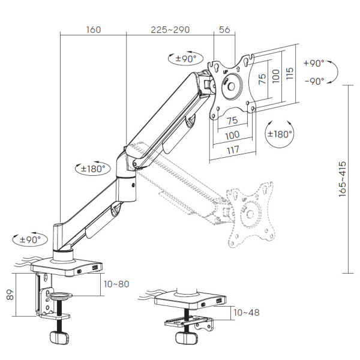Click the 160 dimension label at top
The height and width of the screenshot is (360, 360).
(94, 30)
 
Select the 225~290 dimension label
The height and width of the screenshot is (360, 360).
(170, 30)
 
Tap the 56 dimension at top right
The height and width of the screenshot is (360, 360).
(224, 29)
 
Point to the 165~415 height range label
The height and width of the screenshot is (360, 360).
(343, 179)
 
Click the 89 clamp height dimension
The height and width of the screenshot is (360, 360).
(10, 295)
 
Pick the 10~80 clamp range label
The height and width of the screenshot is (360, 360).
(116, 284)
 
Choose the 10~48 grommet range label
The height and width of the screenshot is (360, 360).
(247, 313)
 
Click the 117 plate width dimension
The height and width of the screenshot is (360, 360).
(233, 151)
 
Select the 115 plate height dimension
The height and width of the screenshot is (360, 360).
(290, 73)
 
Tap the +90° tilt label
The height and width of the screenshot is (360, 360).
(314, 63)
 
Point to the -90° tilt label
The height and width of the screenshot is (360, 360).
(314, 81)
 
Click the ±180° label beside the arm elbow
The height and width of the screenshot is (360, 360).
(93, 169)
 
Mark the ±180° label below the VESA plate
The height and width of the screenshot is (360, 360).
(280, 134)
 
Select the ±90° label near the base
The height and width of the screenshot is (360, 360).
(30, 240)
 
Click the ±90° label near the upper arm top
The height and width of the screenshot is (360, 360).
(186, 59)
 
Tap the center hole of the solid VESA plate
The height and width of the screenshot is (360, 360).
(231, 87)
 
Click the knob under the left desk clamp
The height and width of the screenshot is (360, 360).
(59, 337)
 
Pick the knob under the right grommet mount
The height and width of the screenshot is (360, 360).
(187, 338)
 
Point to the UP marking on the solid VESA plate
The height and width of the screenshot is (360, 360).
(225, 72)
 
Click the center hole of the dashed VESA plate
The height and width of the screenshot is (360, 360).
(250, 214)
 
